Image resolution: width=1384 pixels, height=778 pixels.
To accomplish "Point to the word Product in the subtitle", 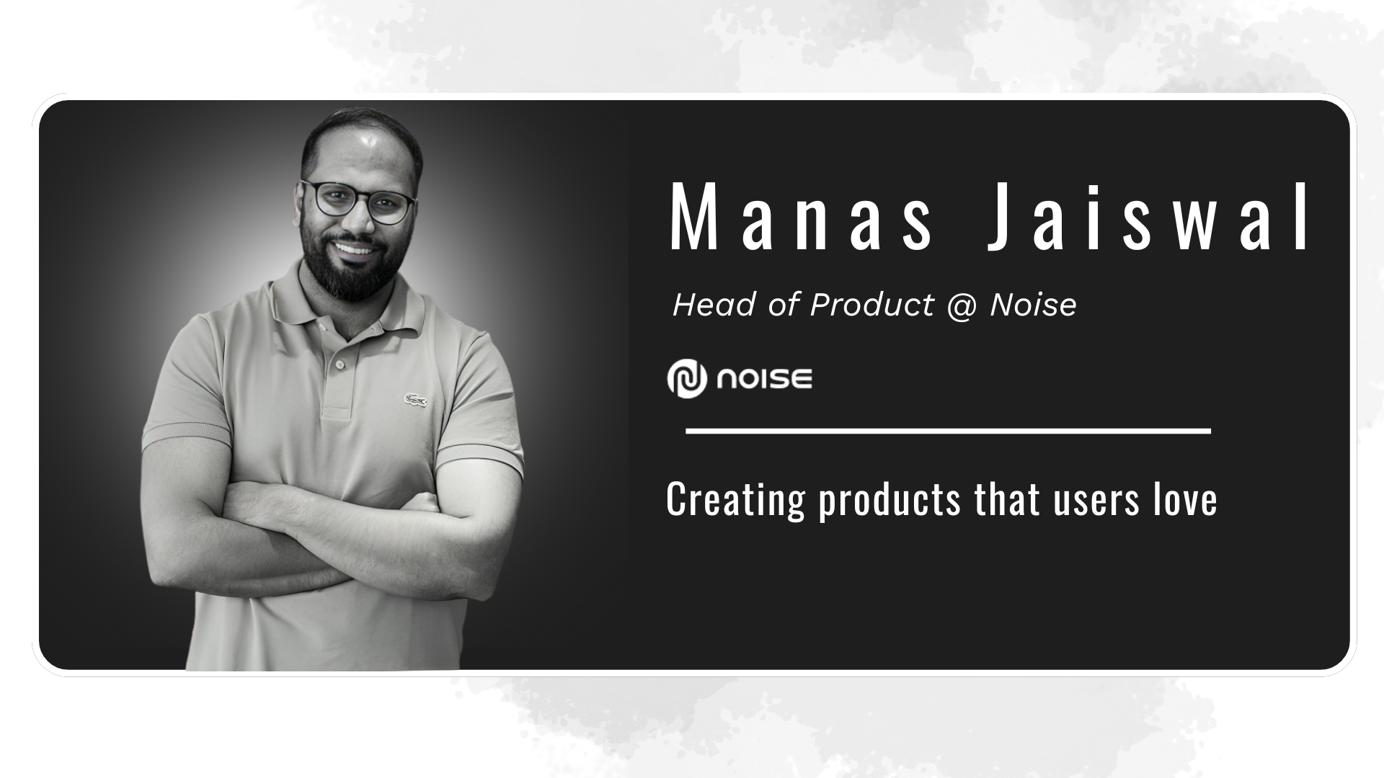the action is [x=871, y=305].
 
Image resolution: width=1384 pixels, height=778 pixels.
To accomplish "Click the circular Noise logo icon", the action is [x=686, y=378].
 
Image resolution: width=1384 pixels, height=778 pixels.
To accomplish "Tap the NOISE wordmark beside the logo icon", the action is [x=764, y=379].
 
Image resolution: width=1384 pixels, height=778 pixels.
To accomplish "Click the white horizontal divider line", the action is [x=948, y=431].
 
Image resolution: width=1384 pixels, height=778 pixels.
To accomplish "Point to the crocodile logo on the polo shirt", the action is [x=414, y=401].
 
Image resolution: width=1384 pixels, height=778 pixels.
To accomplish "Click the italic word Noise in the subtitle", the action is [x=1033, y=305].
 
